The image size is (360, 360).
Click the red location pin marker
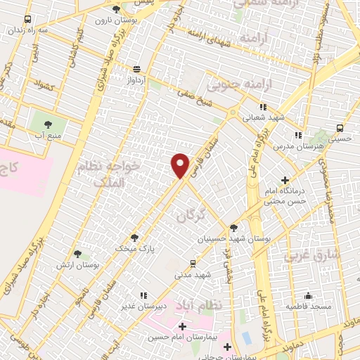coord(181,165)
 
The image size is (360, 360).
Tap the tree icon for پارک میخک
coord(134,237)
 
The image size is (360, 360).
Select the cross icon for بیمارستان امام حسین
coord(182,326)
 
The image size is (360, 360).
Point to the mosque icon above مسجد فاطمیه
coord(307,295)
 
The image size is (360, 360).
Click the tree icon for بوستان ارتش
coord(77,253)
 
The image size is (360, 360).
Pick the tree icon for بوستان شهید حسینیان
coord(233,226)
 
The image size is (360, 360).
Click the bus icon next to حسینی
coord(340,128)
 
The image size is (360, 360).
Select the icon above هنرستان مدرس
coord(298,134)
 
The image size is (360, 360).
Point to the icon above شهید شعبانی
coord(262,106)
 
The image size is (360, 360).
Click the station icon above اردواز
coord(136,69)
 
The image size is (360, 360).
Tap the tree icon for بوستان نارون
coord(116,9)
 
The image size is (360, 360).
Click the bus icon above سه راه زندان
coord(27,19)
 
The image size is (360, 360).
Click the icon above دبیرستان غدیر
coord(143,296)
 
